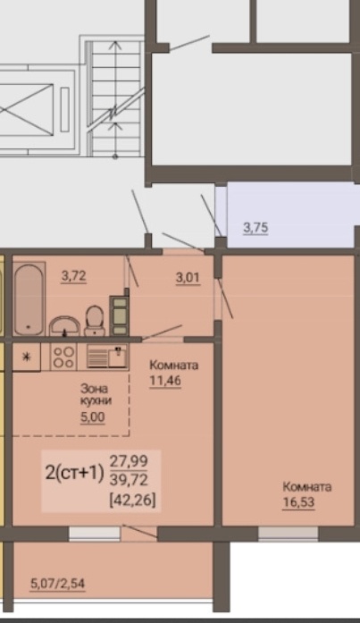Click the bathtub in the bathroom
click(x=29, y=299)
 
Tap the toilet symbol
click(x=95, y=320)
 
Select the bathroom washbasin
click(x=64, y=326)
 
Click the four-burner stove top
click(x=63, y=357)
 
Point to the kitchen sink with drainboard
click(x=107, y=357)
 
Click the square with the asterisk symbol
click(x=27, y=357)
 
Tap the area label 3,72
click(x=73, y=275)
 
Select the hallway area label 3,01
click(x=188, y=278)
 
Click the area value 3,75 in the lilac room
click(x=255, y=228)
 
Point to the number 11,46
click(x=165, y=381)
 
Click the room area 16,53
click(x=298, y=501)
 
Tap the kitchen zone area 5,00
click(x=93, y=417)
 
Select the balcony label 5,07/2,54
click(x=57, y=584)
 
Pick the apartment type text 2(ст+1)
click(x=74, y=473)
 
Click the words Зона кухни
click(x=96, y=394)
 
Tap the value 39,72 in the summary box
click(x=129, y=480)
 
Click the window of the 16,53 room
click(x=289, y=534)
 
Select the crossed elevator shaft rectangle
click(x=26, y=109)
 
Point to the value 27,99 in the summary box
click(x=129, y=461)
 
